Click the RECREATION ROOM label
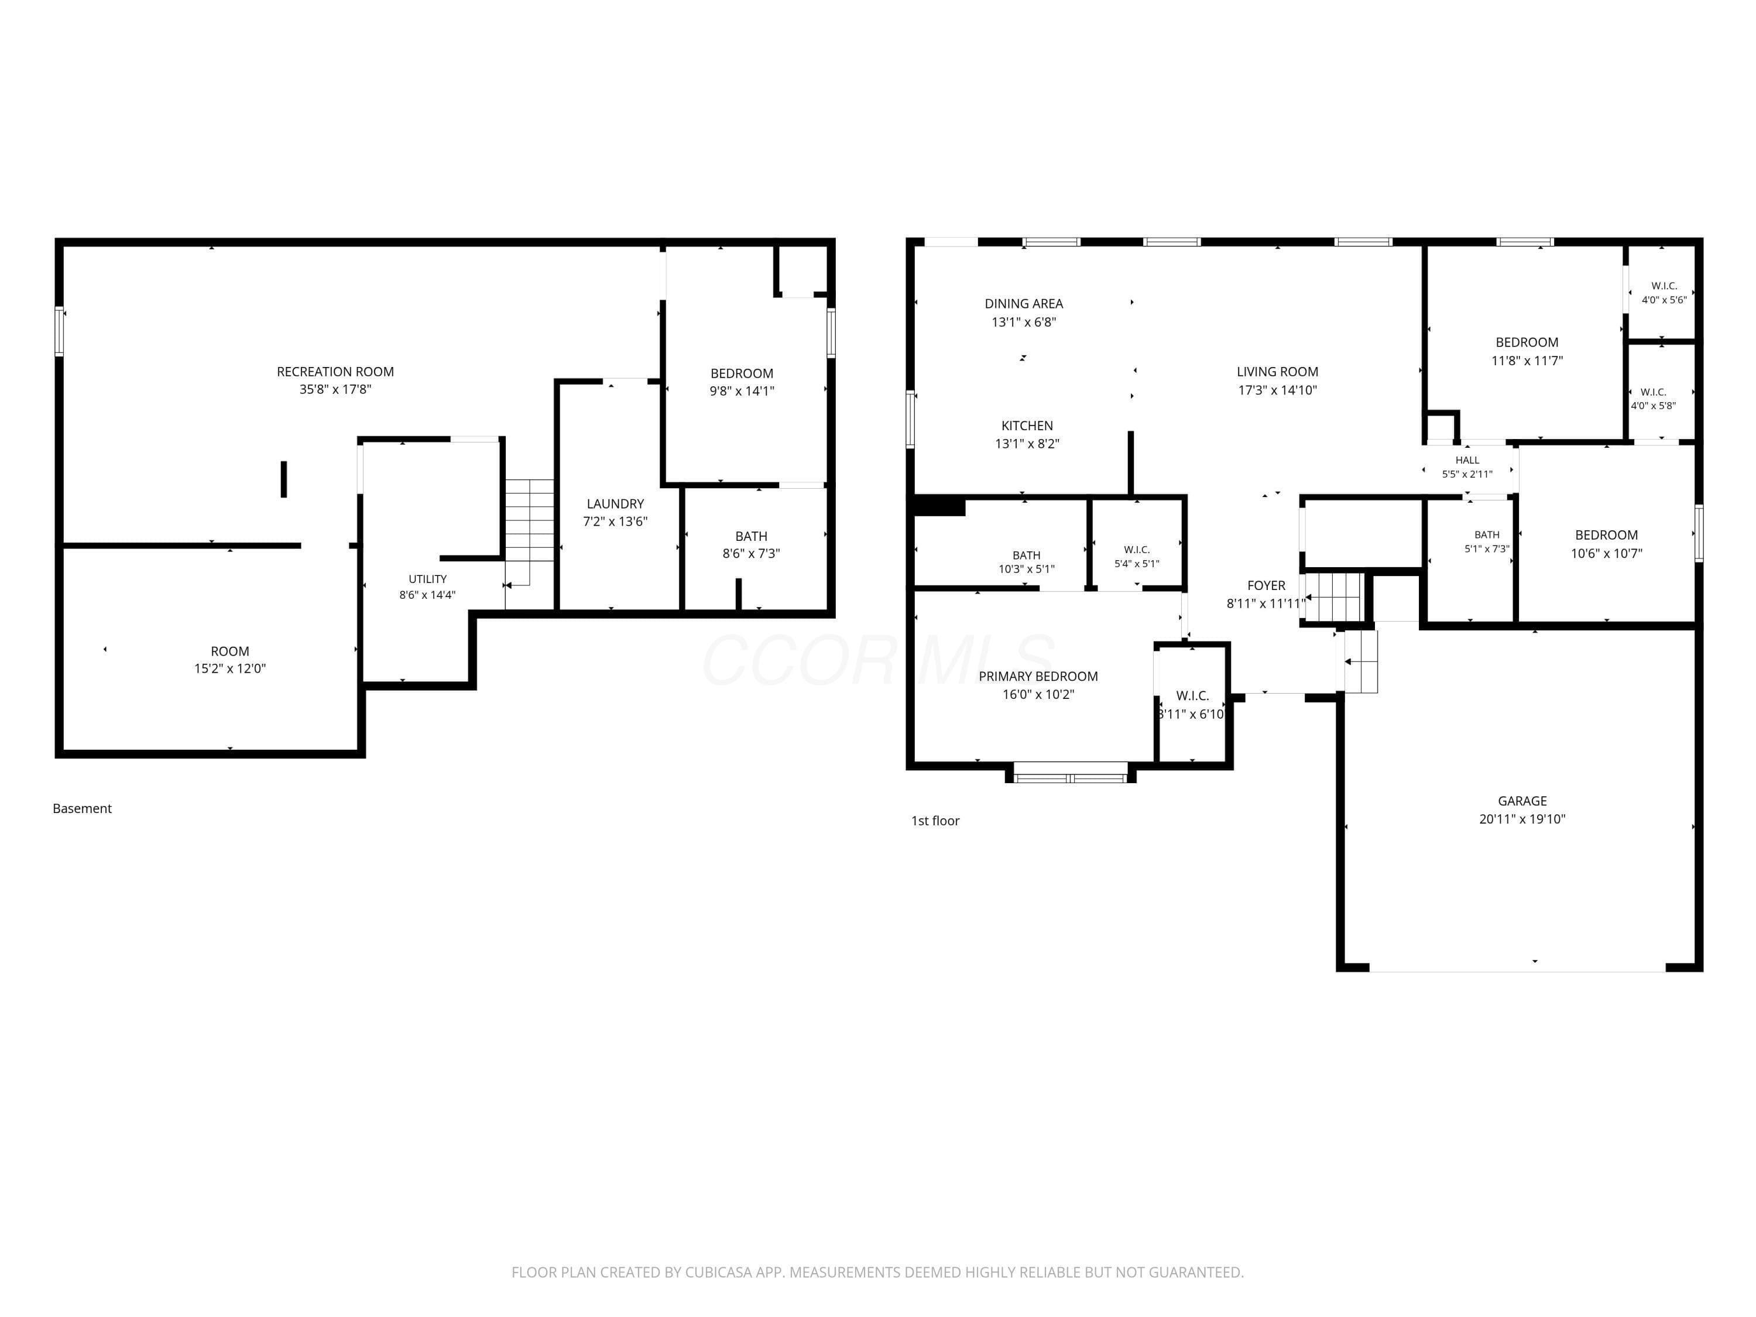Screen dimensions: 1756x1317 [x=335, y=372]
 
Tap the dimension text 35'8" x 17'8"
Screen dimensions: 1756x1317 [x=335, y=389]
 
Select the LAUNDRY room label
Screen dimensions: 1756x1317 [x=615, y=504]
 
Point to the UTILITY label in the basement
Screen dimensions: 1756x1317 [x=427, y=579]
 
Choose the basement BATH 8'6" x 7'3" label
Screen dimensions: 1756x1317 [x=751, y=544]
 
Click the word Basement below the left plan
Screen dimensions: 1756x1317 [x=82, y=808]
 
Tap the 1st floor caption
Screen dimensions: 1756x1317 [x=935, y=821]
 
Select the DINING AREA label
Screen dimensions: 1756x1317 [x=1023, y=303]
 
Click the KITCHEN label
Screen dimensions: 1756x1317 [x=1027, y=426]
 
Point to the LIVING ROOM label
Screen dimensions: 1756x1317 [x=1277, y=372]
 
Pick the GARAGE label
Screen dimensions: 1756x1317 [x=1522, y=801]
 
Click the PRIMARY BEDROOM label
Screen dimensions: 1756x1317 [x=1038, y=677]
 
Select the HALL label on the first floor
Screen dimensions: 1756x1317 [x=1467, y=459]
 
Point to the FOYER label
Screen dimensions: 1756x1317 [x=1266, y=586]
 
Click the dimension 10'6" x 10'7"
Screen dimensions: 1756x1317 [x=1606, y=553]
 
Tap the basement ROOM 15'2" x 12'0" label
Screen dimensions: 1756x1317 [x=229, y=660]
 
